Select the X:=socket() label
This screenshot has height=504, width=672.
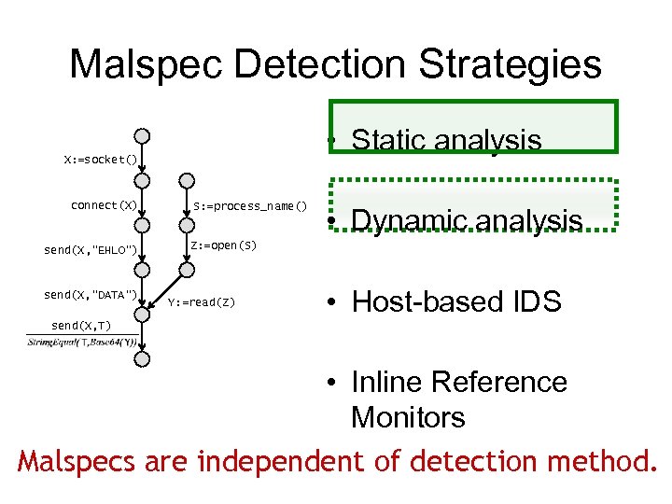pos(100,160)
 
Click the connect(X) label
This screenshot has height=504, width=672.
pos(104,205)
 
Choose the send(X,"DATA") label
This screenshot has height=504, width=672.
pos(91,295)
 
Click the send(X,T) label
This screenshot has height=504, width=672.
pos(81,326)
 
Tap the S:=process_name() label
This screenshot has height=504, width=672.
pos(250,205)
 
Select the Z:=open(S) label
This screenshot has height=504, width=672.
pos(223,245)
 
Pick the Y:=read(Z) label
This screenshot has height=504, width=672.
pos(202,302)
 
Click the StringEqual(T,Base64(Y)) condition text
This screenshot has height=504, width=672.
pos(82,342)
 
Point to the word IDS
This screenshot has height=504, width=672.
pos(537,301)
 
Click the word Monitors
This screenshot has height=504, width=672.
pos(408,416)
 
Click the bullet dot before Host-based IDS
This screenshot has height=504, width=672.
pos(331,302)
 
